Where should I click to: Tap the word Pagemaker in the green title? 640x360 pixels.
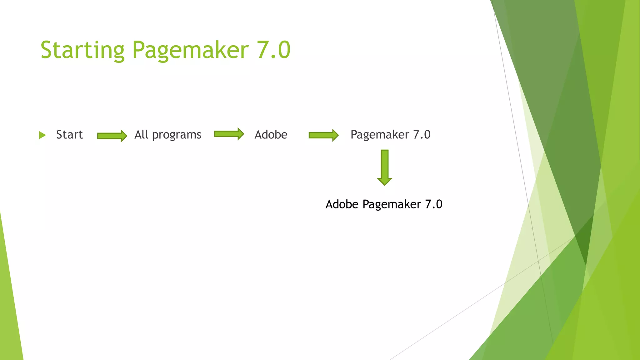pos(190,50)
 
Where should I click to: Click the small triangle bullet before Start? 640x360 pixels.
pos(42,135)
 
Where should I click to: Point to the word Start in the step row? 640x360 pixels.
pos(69,135)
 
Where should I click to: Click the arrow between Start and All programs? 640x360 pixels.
pos(112,136)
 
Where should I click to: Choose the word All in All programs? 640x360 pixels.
pos(141,134)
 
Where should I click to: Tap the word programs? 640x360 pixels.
pos(177,135)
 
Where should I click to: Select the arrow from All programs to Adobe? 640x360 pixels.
pos(229,134)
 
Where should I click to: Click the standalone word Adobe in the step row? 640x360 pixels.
pos(271,135)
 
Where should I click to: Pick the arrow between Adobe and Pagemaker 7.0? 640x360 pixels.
pos(323,135)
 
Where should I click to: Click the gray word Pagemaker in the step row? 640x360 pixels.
pos(380,135)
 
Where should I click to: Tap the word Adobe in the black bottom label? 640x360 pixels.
pos(342,204)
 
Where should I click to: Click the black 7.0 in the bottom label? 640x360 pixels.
pos(434,204)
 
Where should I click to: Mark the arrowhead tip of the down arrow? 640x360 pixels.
pos(385,184)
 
